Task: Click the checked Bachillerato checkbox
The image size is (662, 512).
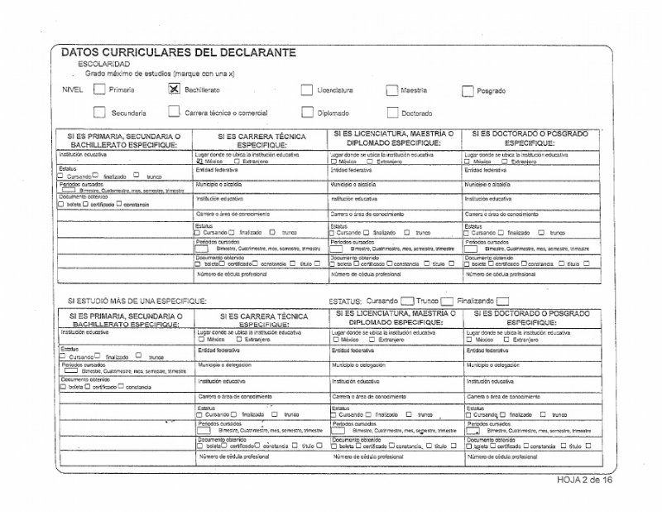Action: click(174, 89)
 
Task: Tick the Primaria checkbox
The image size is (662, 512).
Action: click(98, 89)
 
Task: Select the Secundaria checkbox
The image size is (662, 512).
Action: click(99, 112)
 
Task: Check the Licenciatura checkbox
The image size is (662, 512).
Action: click(307, 90)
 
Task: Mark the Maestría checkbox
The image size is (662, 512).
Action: click(391, 90)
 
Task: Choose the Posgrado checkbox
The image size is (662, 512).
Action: click(468, 91)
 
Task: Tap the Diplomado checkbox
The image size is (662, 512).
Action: click(307, 113)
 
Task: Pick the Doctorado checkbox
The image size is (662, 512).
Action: click(391, 114)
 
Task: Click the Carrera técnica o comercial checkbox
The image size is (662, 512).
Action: click(174, 112)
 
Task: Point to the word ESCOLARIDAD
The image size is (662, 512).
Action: click(103, 64)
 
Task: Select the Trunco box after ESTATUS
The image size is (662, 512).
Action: click(447, 302)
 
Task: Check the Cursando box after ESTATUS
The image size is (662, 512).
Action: click(406, 302)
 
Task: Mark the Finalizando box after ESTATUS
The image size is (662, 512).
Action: click(501, 302)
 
